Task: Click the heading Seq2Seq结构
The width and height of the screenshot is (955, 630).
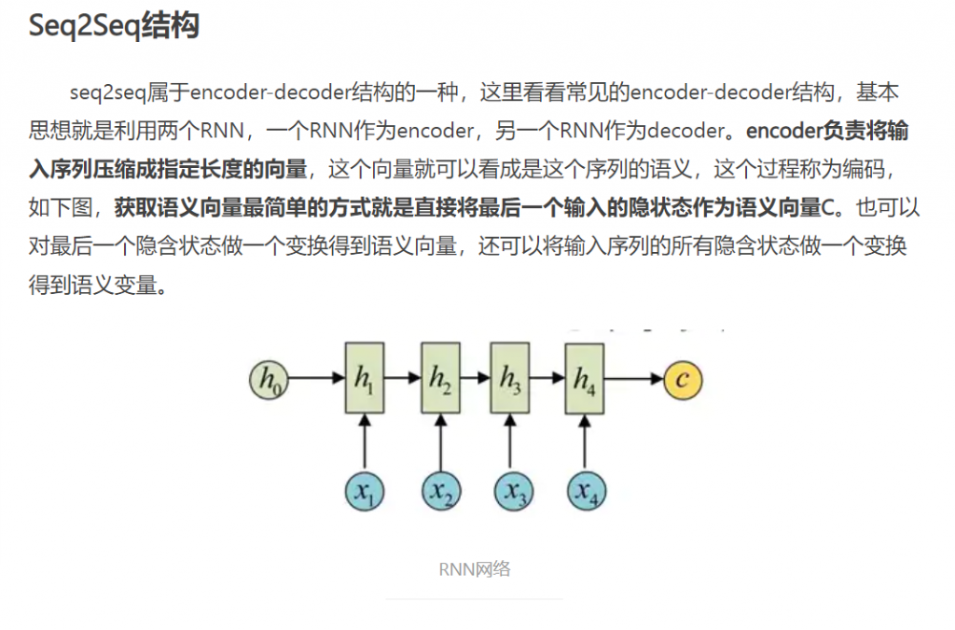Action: [114, 26]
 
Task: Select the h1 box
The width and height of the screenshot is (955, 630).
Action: [365, 378]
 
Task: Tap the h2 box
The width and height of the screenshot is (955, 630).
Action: [440, 378]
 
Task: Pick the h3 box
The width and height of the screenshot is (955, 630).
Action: [510, 378]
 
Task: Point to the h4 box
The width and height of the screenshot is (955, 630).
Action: [584, 378]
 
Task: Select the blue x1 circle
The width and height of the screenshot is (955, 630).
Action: [365, 491]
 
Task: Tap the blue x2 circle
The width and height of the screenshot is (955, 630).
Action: [440, 491]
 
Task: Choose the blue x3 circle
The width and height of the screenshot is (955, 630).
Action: [510, 491]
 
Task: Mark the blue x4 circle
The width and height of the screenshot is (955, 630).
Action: [584, 491]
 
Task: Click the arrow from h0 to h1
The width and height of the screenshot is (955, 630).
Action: [315, 378]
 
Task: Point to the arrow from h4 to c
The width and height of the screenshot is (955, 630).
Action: [634, 378]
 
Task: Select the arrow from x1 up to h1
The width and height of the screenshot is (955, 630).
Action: [365, 442]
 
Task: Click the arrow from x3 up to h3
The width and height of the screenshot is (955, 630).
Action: [510, 442]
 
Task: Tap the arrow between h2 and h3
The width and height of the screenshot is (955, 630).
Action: [475, 378]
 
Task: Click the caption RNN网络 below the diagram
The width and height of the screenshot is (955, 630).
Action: [475, 569]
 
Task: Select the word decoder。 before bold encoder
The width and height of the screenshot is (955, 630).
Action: [691, 131]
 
